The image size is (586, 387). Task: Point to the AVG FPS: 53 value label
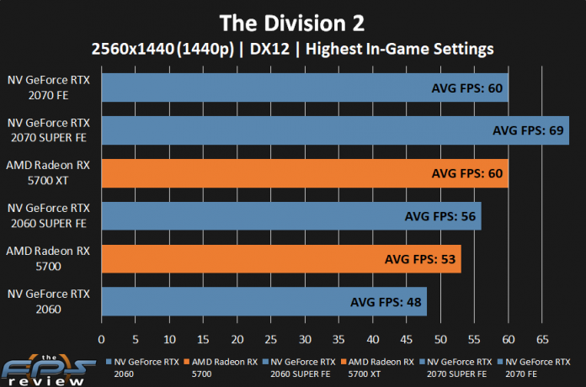tap(418, 259)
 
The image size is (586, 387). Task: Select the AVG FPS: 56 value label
tap(439, 216)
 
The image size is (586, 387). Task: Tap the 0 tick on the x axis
tap(101, 339)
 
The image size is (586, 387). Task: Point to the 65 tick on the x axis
tap(541, 339)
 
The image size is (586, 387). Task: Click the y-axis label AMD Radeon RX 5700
tap(49, 258)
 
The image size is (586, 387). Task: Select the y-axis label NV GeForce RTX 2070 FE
tap(49, 87)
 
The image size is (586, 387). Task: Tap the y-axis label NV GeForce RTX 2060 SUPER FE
tap(49, 215)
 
